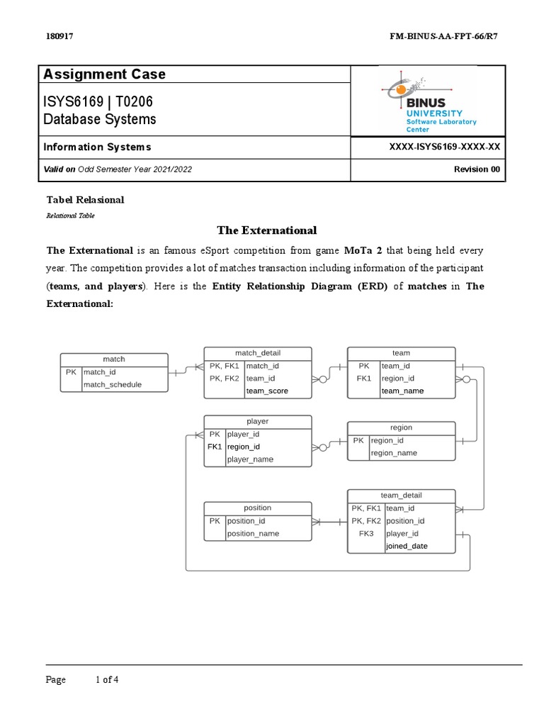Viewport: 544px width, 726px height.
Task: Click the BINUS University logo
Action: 429,100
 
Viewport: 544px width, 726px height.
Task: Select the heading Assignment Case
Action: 104,74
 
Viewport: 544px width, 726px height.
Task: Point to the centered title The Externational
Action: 266,230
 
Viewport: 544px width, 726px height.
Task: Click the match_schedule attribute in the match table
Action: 113,384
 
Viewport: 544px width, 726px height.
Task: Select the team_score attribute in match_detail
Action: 267,391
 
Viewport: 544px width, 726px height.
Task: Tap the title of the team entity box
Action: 401,353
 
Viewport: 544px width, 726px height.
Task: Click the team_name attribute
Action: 402,391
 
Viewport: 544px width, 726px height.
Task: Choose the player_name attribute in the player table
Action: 250,459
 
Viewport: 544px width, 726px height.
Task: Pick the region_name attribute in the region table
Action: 394,453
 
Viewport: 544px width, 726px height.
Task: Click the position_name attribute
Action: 253,534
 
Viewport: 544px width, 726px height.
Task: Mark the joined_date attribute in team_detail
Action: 407,547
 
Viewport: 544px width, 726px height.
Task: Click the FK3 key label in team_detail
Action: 365,534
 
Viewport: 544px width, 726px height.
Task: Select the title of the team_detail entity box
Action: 401,495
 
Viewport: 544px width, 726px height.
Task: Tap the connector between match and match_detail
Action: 186,369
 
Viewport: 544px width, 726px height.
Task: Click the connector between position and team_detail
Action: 329,521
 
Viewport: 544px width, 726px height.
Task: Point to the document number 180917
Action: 59,36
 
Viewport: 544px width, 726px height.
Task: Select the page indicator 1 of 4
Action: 107,680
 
